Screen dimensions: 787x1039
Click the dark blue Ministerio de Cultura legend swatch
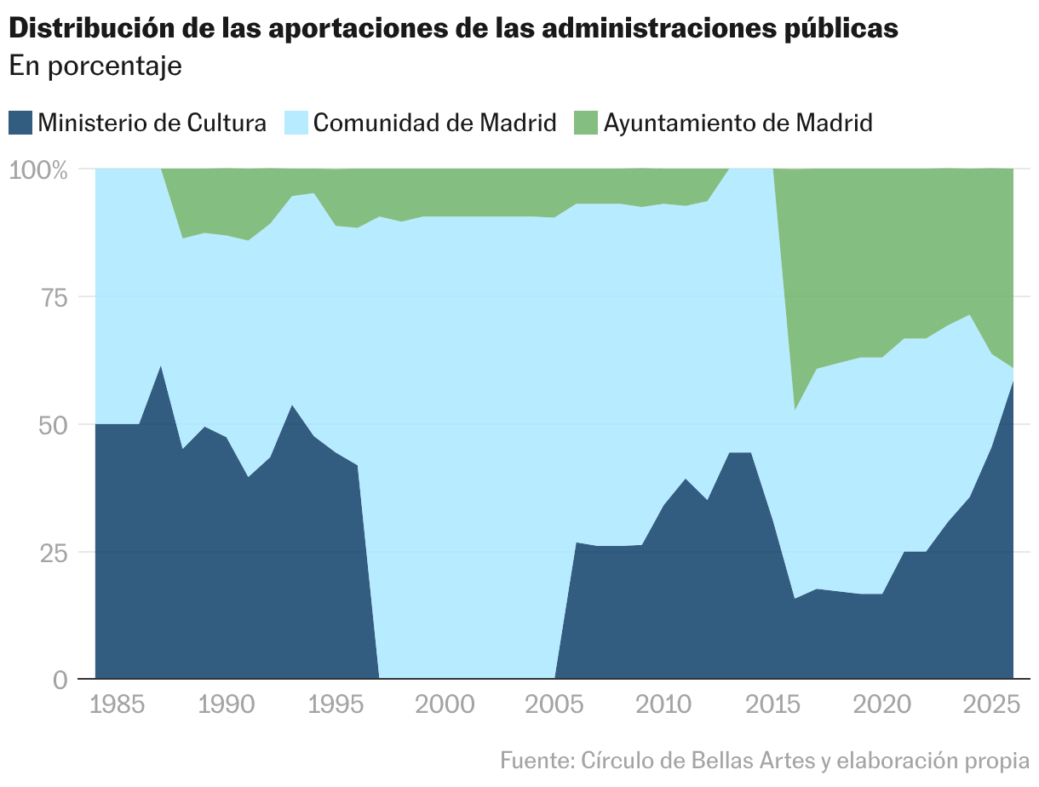[20, 123]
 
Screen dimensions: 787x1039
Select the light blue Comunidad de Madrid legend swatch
[296, 123]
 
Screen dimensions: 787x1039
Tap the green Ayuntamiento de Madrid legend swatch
[586, 123]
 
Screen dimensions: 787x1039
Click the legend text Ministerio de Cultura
[152, 123]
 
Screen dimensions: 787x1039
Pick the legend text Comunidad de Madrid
[434, 123]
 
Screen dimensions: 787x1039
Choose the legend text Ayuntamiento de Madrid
[738, 123]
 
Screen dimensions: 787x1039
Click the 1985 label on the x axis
[118, 705]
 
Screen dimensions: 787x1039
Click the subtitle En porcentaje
[95, 66]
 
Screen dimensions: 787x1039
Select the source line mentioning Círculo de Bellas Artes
[765, 759]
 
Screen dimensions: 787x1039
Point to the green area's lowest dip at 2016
[795, 409]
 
